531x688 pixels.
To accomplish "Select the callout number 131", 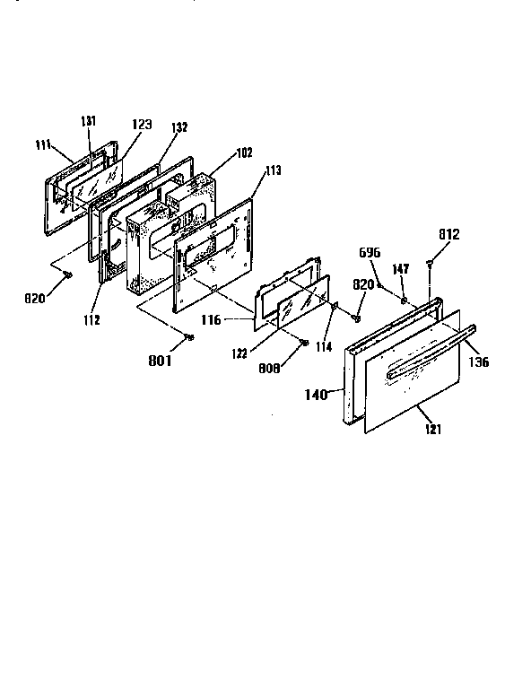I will pos(89,124).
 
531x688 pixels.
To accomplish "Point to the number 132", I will pos(178,128).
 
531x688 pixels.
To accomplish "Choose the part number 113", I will pos(273,170).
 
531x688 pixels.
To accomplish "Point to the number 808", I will pos(294,369).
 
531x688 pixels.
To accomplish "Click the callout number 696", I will pos(370,253).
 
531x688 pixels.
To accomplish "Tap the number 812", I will pos(449,235).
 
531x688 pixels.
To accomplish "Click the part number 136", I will pos(477,363).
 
